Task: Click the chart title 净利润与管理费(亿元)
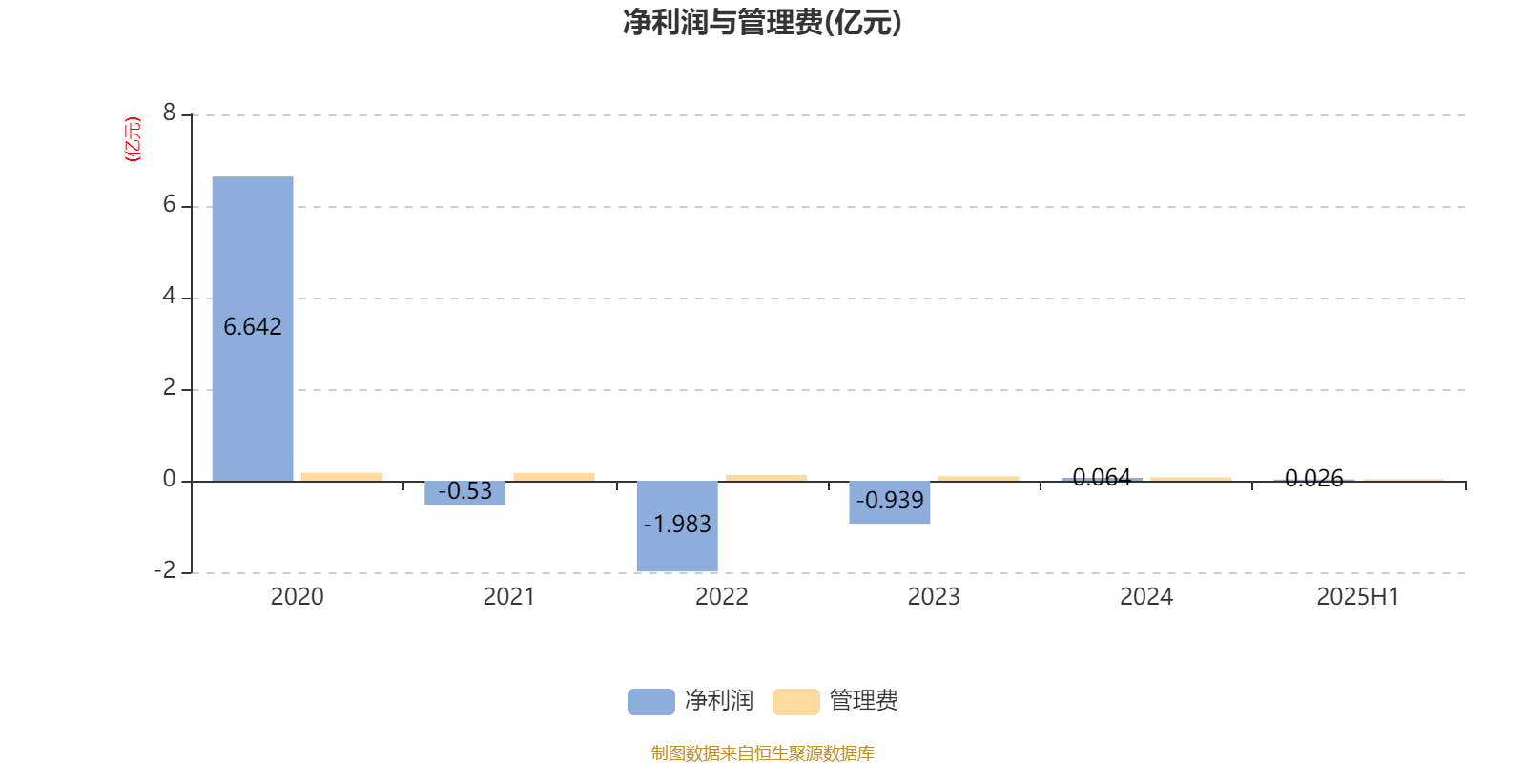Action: point(762,23)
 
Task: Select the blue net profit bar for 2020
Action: point(253,329)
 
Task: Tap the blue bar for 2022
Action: point(677,526)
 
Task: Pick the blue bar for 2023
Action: point(890,502)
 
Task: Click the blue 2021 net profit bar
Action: point(465,493)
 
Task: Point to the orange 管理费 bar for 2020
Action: point(342,477)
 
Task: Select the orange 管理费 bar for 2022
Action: point(767,478)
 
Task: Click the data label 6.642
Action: point(253,327)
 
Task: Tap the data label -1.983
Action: point(677,524)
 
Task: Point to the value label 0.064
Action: point(1102,477)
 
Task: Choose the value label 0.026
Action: point(1314,478)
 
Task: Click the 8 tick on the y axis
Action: point(169,113)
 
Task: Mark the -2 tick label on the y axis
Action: point(165,570)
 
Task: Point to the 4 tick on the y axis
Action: point(169,296)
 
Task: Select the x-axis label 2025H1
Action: point(1358,597)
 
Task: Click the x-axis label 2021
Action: point(509,597)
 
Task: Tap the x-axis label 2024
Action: point(1145,597)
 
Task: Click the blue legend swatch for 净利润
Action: point(651,702)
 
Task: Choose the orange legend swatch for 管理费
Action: point(796,702)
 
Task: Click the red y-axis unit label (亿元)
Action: point(133,139)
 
